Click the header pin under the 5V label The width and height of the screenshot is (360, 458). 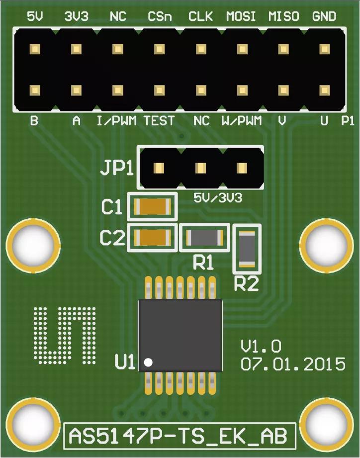click(x=35, y=49)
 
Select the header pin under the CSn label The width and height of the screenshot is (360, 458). click(x=159, y=49)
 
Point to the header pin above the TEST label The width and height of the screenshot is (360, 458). click(x=159, y=90)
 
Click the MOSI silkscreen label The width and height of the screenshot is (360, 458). click(x=241, y=16)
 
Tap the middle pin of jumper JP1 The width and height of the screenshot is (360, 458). click(x=200, y=169)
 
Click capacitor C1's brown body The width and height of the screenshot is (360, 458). click(x=152, y=206)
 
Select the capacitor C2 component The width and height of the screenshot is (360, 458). click(x=152, y=238)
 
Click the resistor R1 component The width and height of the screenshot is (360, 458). click(x=204, y=238)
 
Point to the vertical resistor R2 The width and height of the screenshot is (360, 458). click(x=247, y=249)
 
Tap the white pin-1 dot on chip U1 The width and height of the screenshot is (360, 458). click(x=148, y=362)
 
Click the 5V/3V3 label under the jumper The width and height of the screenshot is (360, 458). click(x=217, y=198)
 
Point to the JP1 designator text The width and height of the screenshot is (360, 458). click(x=117, y=168)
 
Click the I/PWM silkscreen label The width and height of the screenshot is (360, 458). click(x=117, y=121)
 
